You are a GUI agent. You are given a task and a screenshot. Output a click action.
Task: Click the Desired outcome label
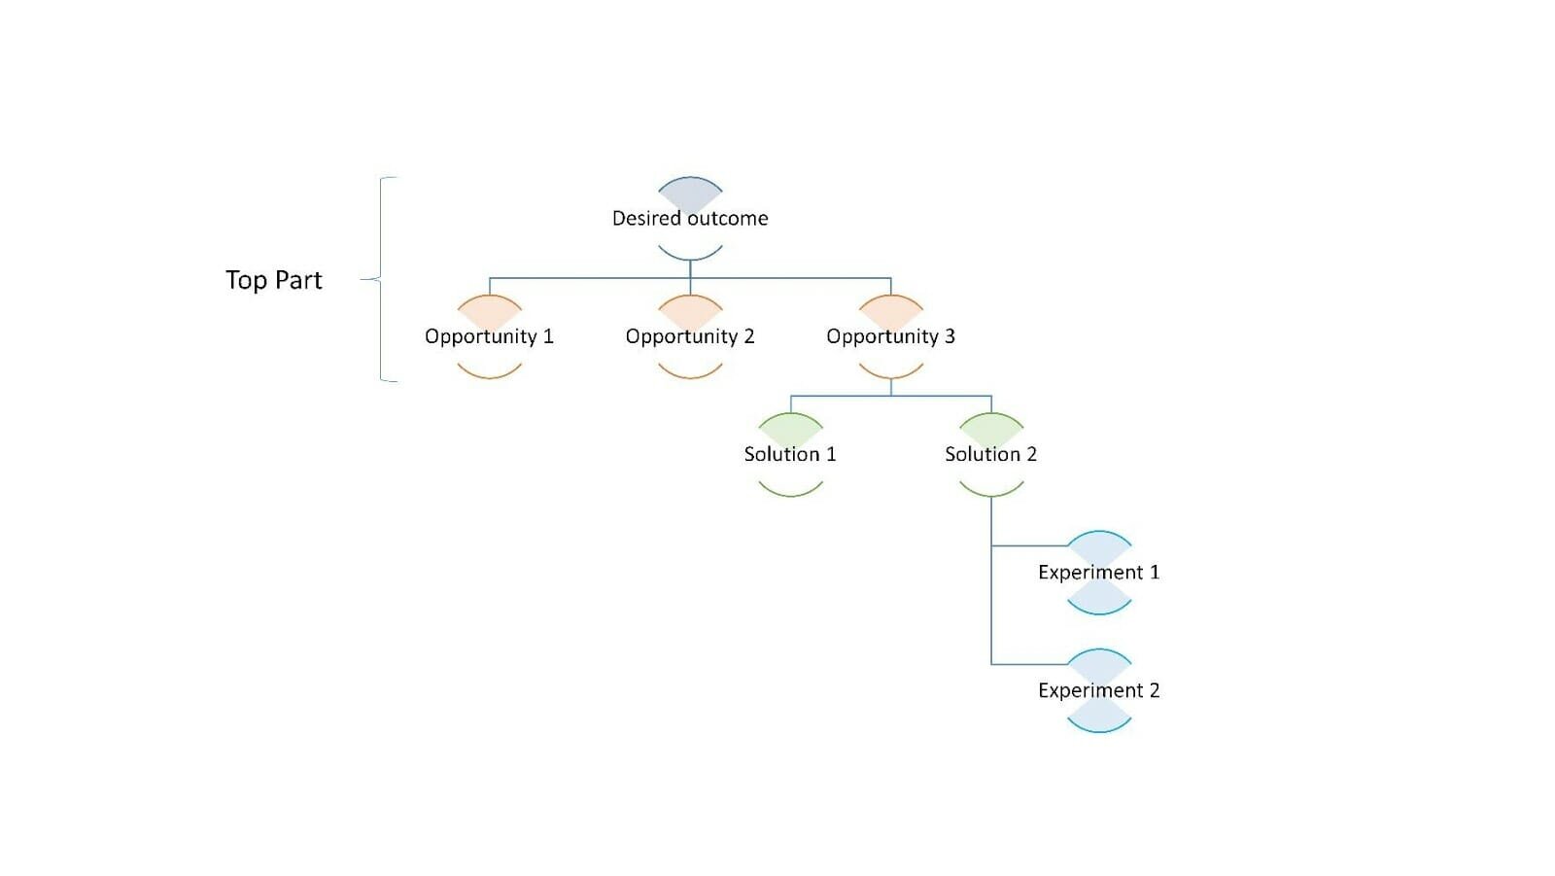[689, 219]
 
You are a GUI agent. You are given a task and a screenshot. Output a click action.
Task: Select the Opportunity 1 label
[489, 336]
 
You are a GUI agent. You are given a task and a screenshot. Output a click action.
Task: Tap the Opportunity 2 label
[690, 336]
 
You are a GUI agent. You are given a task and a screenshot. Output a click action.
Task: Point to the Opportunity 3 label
[890, 336]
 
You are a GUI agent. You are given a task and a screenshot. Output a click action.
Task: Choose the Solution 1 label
[790, 454]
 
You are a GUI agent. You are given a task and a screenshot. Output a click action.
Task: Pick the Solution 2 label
[990, 454]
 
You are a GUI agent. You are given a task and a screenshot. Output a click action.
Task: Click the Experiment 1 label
[1098, 573]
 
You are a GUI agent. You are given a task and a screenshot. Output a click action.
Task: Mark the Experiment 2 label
[1098, 690]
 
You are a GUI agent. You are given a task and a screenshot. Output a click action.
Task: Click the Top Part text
[273, 280]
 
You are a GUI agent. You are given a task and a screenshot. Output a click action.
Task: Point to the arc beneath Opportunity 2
[690, 372]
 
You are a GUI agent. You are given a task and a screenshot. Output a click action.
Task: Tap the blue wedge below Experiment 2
[1099, 717]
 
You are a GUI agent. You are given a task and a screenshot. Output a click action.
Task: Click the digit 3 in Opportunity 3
[950, 336]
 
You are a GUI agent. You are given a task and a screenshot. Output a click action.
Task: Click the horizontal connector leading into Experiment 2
[1028, 664]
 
